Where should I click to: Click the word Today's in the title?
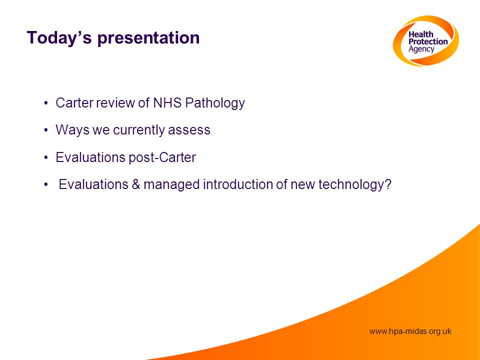59,37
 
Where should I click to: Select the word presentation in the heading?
148,38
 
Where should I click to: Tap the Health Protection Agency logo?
426,40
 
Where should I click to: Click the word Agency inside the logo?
421,49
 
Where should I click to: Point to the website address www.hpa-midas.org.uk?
410,331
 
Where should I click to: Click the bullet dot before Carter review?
46,103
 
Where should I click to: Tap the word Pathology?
215,103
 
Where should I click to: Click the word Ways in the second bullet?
72,130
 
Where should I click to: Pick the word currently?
138,130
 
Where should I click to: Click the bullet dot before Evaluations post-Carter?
46,157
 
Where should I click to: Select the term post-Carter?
162,158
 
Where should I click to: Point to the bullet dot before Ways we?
46,130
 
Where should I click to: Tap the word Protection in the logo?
428,41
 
